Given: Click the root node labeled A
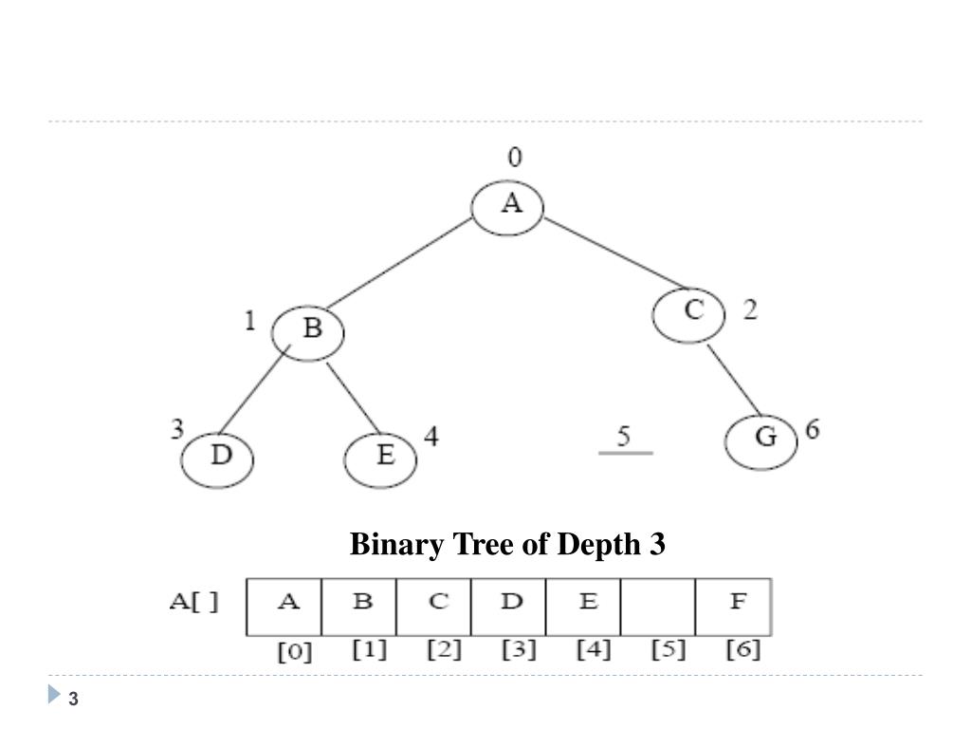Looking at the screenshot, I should point(509,206).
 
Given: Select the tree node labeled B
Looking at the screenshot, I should point(308,332).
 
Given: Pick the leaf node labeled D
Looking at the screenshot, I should point(219,458).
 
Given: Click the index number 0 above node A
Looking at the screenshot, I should point(514,158).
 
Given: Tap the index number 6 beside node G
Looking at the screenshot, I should point(813,429).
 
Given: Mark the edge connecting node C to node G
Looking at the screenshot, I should point(733,380).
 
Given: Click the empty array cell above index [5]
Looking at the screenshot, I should point(657,607).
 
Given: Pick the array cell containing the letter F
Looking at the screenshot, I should point(733,607).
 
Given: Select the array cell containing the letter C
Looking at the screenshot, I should point(434,607).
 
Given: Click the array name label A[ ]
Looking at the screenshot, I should point(194,604).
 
